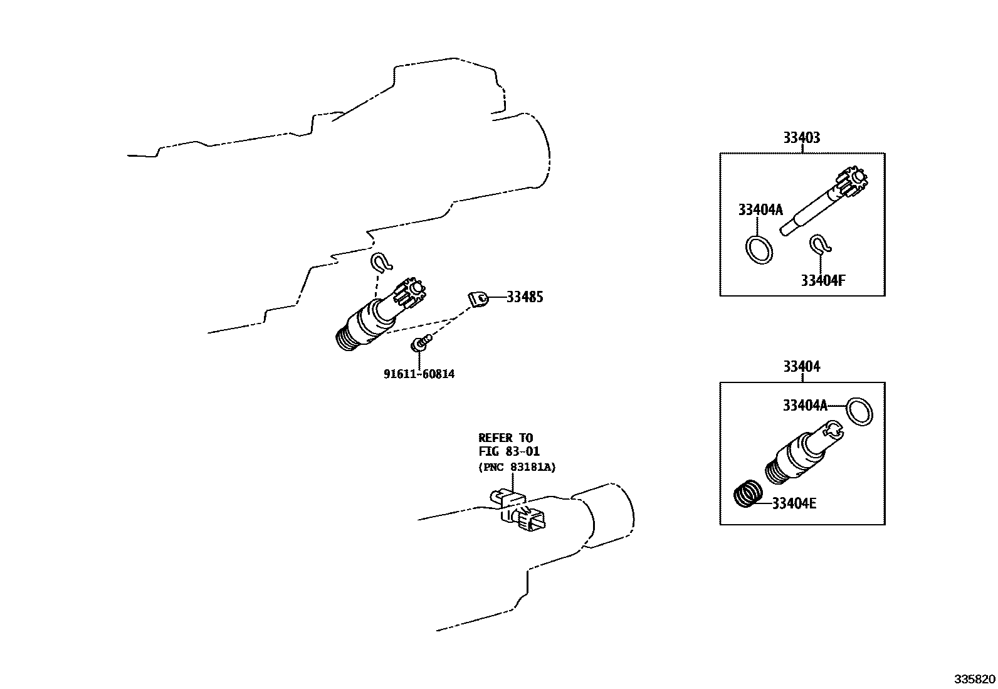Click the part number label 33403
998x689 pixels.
tap(801, 137)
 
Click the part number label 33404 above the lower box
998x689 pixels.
tap(801, 366)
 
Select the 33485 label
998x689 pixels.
tap(524, 297)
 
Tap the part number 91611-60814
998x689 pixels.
tap(419, 374)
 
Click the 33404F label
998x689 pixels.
tap(822, 280)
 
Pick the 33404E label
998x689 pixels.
tap(794, 503)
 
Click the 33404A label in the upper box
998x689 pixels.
tap(760, 210)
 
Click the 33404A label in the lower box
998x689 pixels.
tap(804, 406)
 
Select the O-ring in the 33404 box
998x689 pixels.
tap(859, 411)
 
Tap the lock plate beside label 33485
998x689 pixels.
tap(478, 300)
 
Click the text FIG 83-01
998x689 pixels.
tap(508, 451)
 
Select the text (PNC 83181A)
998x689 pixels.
tap(517, 467)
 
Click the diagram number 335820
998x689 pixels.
tap(974, 679)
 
